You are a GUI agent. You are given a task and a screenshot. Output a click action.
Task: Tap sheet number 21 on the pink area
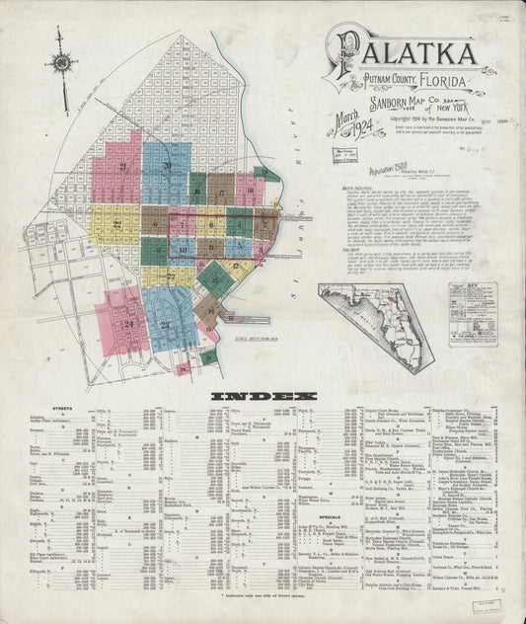coord(122,169)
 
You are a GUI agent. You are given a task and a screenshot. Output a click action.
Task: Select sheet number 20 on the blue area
coord(167,167)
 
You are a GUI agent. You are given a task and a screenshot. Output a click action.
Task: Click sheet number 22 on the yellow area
coord(116,225)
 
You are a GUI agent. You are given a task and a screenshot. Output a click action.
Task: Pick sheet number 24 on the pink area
coord(128,323)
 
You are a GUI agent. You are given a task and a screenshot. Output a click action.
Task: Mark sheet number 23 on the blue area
coord(165,325)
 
